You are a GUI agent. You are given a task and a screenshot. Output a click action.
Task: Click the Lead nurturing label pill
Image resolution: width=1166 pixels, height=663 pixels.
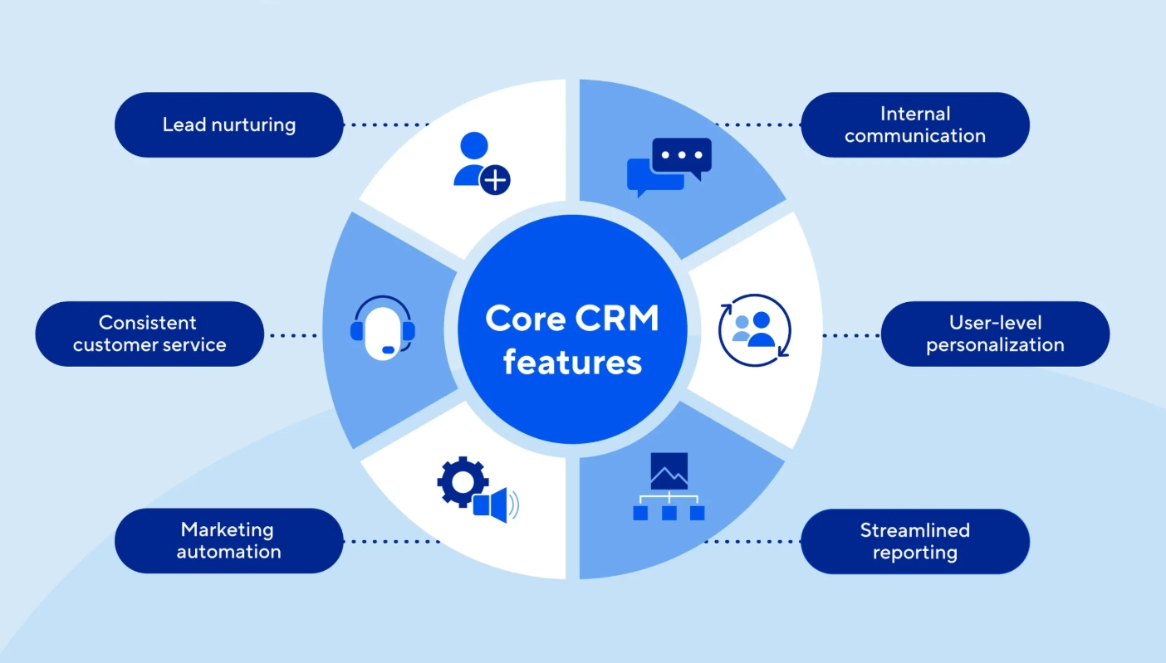click(228, 125)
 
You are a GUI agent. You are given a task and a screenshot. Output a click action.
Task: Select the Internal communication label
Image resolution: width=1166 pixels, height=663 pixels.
click(914, 125)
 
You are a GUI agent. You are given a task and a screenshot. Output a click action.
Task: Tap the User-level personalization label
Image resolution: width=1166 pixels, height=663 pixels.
click(995, 334)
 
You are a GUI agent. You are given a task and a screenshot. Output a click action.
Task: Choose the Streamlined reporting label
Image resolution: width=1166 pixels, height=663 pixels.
click(914, 541)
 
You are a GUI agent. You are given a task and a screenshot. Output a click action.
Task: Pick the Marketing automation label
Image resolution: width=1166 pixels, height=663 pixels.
click(228, 541)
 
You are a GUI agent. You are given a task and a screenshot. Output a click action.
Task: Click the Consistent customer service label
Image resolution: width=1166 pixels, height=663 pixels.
click(149, 334)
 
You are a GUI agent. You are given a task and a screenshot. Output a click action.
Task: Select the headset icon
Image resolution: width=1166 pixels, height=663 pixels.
click(382, 329)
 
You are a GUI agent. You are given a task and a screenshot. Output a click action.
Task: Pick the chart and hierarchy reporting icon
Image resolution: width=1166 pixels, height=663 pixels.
click(669, 487)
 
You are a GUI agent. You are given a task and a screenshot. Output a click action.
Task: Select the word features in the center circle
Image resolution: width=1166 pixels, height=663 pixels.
click(572, 362)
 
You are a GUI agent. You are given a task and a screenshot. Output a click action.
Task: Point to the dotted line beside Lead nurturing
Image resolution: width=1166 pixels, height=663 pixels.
click(387, 125)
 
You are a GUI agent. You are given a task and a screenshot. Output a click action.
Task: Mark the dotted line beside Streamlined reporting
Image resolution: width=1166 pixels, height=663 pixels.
click(752, 541)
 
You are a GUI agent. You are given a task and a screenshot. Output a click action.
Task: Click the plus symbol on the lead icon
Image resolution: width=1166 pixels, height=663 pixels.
click(496, 179)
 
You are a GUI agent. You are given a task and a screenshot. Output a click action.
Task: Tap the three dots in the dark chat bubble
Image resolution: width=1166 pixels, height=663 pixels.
click(682, 155)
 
